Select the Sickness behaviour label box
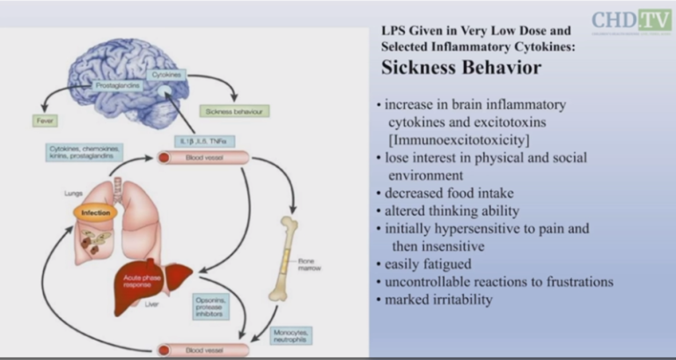pos(236,112)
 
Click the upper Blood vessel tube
pos(202,159)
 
